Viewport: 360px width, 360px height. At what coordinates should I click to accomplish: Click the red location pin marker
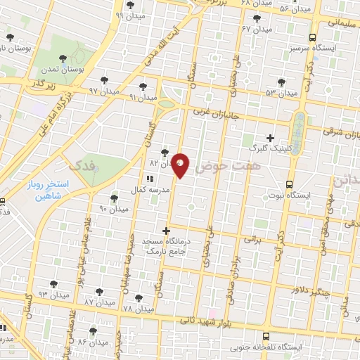[x=181, y=165]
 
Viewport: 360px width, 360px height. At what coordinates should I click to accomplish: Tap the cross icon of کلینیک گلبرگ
[x=271, y=138]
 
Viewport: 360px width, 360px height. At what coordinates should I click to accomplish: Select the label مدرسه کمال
[x=147, y=191]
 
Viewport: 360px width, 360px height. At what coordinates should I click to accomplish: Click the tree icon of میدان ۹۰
[x=115, y=199]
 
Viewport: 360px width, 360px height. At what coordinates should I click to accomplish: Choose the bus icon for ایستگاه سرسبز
[x=313, y=38]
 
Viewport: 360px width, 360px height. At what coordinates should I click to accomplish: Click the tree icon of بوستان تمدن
[x=63, y=57]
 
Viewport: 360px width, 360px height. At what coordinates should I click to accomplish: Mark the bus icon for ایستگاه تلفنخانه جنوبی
[x=266, y=336]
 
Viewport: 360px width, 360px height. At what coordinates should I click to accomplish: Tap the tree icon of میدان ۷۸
[x=139, y=298]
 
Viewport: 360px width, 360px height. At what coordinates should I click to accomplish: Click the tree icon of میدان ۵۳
[x=282, y=82]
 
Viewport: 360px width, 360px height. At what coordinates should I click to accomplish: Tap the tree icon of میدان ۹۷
[x=105, y=80]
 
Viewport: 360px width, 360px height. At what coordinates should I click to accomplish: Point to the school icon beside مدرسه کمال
[x=149, y=179]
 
